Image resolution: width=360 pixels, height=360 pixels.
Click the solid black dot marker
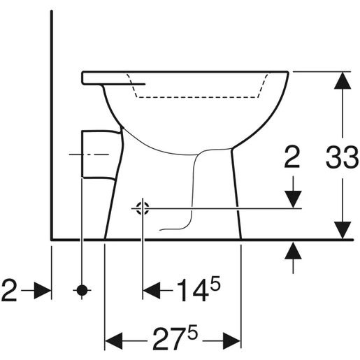[82, 289]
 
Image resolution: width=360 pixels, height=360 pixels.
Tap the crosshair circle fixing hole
[142, 207]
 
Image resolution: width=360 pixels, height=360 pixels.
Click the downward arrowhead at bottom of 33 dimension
[342, 229]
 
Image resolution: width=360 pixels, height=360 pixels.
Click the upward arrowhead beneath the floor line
[293, 250]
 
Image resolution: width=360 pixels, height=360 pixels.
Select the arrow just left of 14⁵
[152, 289]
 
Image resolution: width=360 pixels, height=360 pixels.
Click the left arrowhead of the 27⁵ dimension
[114, 340]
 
